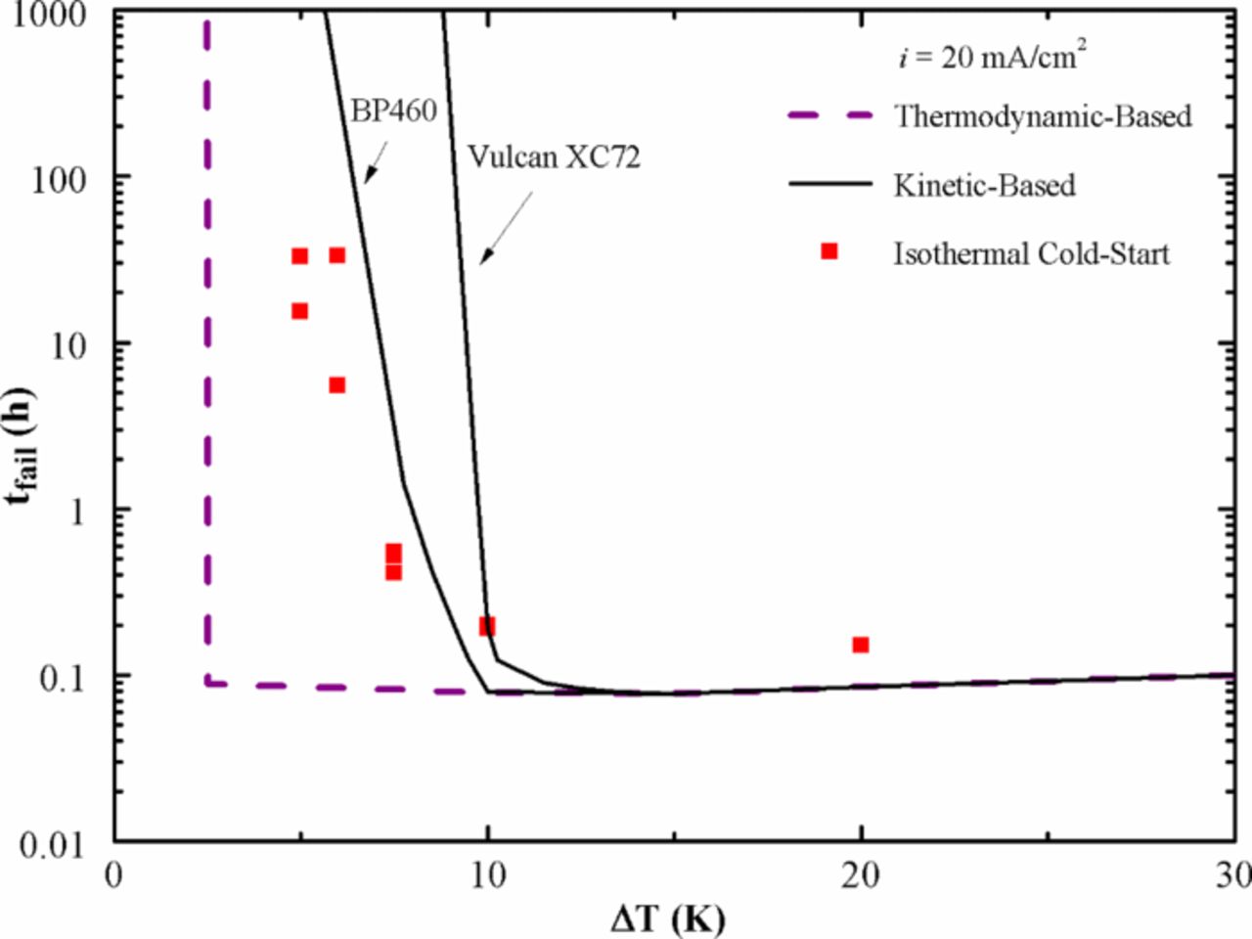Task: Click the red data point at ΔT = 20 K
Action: [x=861, y=645]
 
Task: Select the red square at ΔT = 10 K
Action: [x=487, y=626]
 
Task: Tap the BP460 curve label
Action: [x=393, y=110]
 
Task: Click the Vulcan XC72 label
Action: [x=554, y=156]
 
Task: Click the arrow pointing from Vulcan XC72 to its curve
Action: [x=506, y=228]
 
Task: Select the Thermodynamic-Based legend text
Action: [x=1043, y=116]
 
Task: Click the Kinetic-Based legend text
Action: [x=984, y=185]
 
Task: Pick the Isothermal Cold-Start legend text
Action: [x=1031, y=253]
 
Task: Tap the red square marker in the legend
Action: [x=829, y=251]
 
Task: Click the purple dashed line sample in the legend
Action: [x=829, y=115]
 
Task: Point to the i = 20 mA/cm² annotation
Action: [x=992, y=57]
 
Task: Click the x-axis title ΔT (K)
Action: [x=668, y=918]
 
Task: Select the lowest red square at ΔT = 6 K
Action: [x=336, y=385]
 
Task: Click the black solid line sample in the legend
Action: [x=829, y=184]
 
